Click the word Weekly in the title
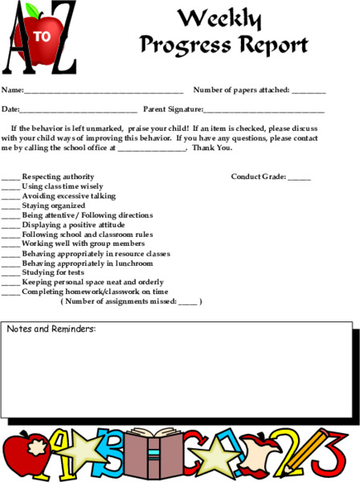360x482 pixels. (x=219, y=18)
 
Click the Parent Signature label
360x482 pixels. (x=173, y=108)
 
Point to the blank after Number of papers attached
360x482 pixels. (x=309, y=91)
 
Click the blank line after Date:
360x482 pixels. (x=78, y=110)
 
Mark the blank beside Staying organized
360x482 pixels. (x=10, y=206)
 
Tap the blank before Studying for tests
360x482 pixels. (x=10, y=273)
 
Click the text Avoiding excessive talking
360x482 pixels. (x=68, y=196)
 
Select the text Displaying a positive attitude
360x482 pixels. (x=73, y=225)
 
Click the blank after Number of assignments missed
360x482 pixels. (x=187, y=302)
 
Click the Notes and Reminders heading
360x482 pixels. (x=51, y=329)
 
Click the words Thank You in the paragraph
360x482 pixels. (x=212, y=148)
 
